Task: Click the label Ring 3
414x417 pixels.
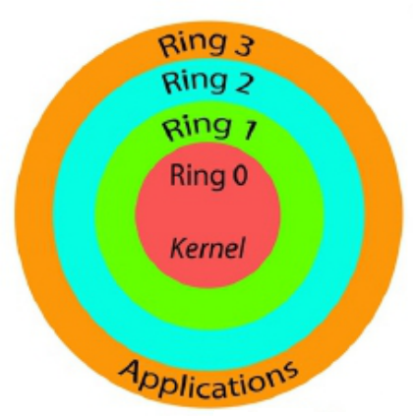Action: click(x=207, y=43)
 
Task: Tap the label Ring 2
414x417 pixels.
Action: click(x=207, y=83)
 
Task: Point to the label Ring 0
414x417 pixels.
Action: click(x=208, y=177)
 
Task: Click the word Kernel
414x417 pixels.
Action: click(x=207, y=243)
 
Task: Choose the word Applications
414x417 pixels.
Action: click(x=208, y=375)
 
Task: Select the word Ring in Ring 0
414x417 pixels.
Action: click(x=196, y=178)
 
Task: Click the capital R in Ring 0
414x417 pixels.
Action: click(x=177, y=177)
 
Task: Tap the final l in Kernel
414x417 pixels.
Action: click(x=239, y=242)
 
